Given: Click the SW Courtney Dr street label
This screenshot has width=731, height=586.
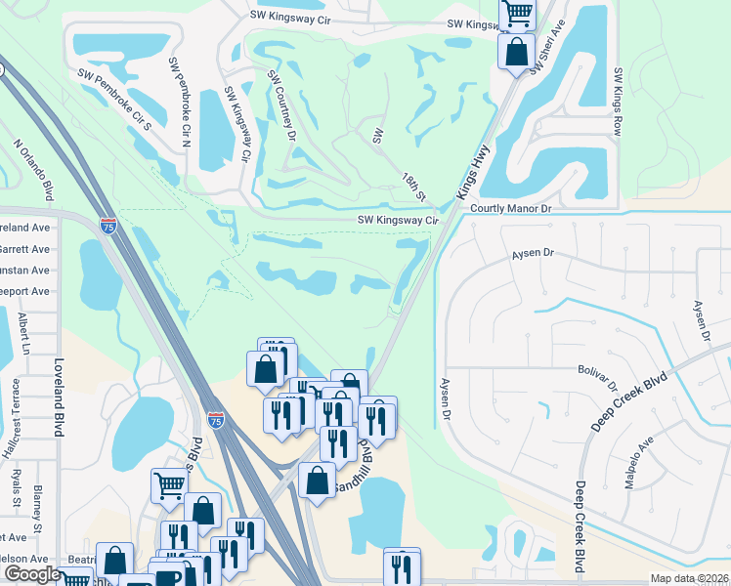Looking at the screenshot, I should (281, 105).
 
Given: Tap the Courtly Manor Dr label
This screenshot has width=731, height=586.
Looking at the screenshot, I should (511, 209).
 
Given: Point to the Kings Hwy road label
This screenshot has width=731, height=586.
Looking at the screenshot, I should (474, 172).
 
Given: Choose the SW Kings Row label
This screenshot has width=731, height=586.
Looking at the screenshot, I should (618, 102).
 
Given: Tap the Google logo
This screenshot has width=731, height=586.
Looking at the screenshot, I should (32, 574).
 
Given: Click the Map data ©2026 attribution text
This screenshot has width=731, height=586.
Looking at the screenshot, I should (689, 578).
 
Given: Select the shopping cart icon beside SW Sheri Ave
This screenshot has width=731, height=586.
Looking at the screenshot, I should (517, 14).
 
